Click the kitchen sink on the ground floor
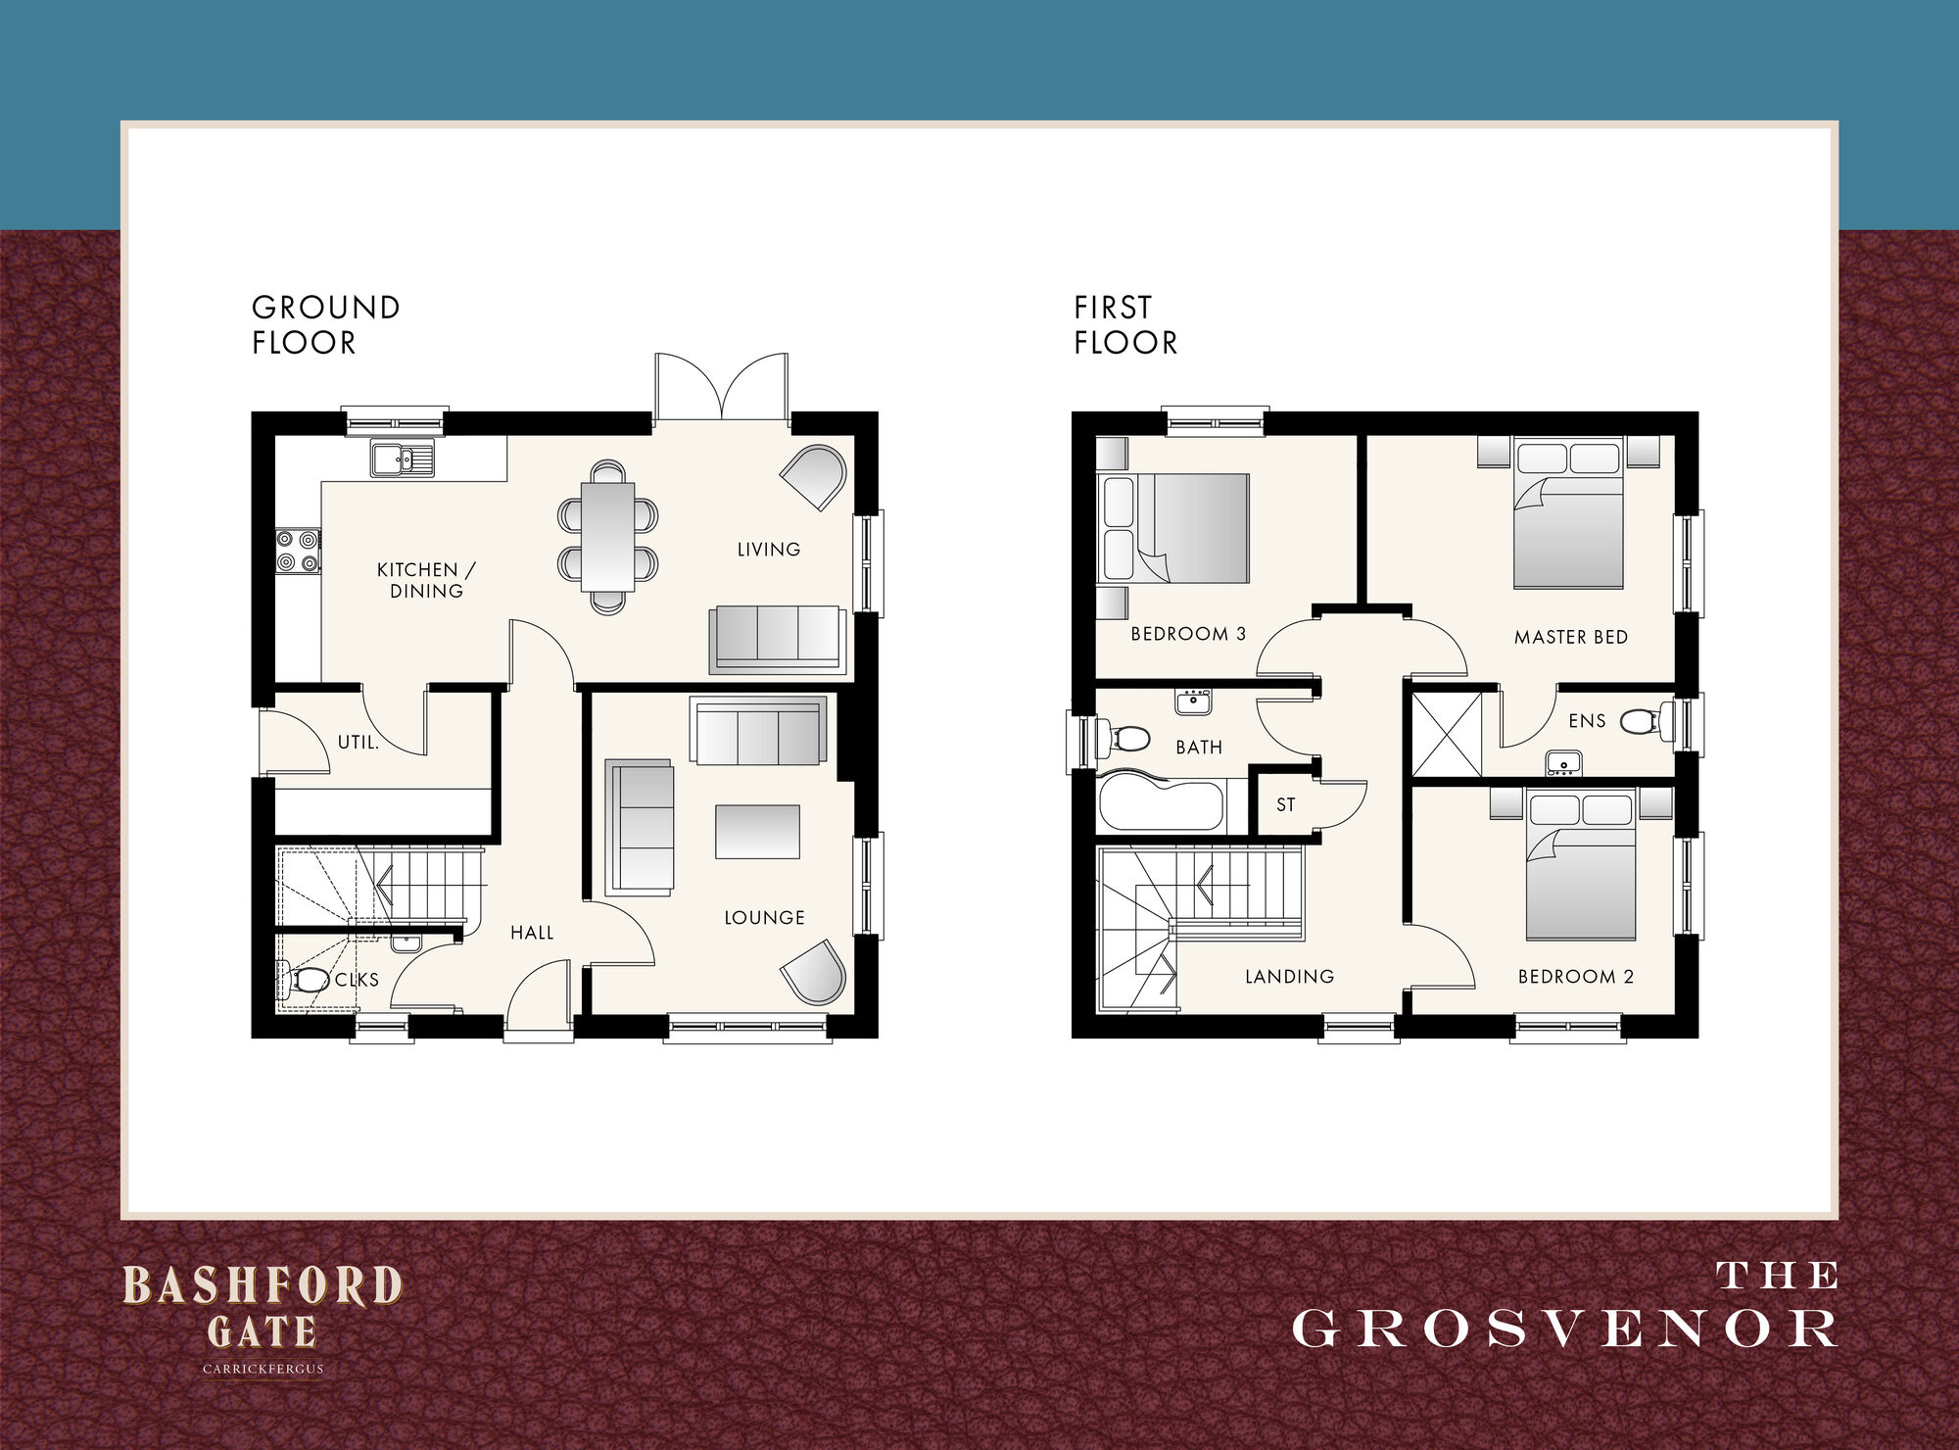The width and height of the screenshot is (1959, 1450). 402,459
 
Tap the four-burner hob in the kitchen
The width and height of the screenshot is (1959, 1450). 297,551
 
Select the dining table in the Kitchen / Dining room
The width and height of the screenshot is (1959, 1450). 608,537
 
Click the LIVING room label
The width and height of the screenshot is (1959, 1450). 769,550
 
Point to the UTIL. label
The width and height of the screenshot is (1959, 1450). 358,743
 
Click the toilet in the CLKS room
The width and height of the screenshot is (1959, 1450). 308,979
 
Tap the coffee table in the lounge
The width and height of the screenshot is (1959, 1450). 757,832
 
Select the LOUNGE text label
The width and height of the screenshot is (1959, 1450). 764,918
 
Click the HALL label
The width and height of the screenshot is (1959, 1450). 532,933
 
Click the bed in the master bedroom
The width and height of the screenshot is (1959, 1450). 1568,515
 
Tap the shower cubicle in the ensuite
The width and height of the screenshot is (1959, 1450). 1447,734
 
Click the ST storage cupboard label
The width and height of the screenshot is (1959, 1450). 1286,805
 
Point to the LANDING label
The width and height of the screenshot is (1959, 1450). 1289,977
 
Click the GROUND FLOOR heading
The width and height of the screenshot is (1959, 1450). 325,324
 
